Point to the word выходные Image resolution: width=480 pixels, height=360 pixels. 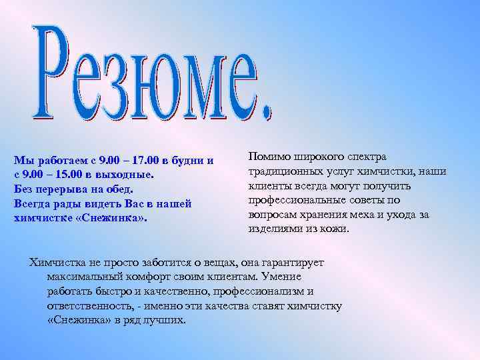point(131,175)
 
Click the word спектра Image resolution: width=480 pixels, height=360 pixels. point(366,157)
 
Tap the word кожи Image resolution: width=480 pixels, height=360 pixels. point(335,229)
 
